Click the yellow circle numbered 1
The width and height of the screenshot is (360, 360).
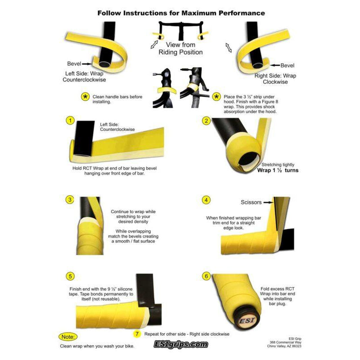70,121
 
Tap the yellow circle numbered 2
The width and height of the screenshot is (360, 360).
206,121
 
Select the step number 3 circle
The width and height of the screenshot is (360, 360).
70,200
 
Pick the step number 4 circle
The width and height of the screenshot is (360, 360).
206,200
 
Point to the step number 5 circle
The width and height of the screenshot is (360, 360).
70,276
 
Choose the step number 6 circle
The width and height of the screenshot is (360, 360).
206,276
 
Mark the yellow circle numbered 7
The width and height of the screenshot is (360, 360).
137,334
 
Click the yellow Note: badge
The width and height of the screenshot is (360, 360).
68,337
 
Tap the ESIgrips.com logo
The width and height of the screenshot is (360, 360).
181,344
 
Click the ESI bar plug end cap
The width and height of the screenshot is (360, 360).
247,320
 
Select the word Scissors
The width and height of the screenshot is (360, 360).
251,202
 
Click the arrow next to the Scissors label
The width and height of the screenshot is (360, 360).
268,202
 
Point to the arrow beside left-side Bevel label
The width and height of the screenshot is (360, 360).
87,64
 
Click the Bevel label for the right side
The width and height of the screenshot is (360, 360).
287,65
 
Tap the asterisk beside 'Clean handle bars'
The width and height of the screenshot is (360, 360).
85,97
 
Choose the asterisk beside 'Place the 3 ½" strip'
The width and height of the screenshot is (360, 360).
216,97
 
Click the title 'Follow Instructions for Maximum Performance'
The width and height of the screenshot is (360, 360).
181,13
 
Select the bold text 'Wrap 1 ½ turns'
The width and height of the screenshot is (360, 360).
278,171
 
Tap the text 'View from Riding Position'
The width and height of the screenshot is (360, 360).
181,49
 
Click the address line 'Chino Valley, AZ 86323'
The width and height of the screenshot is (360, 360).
284,346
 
